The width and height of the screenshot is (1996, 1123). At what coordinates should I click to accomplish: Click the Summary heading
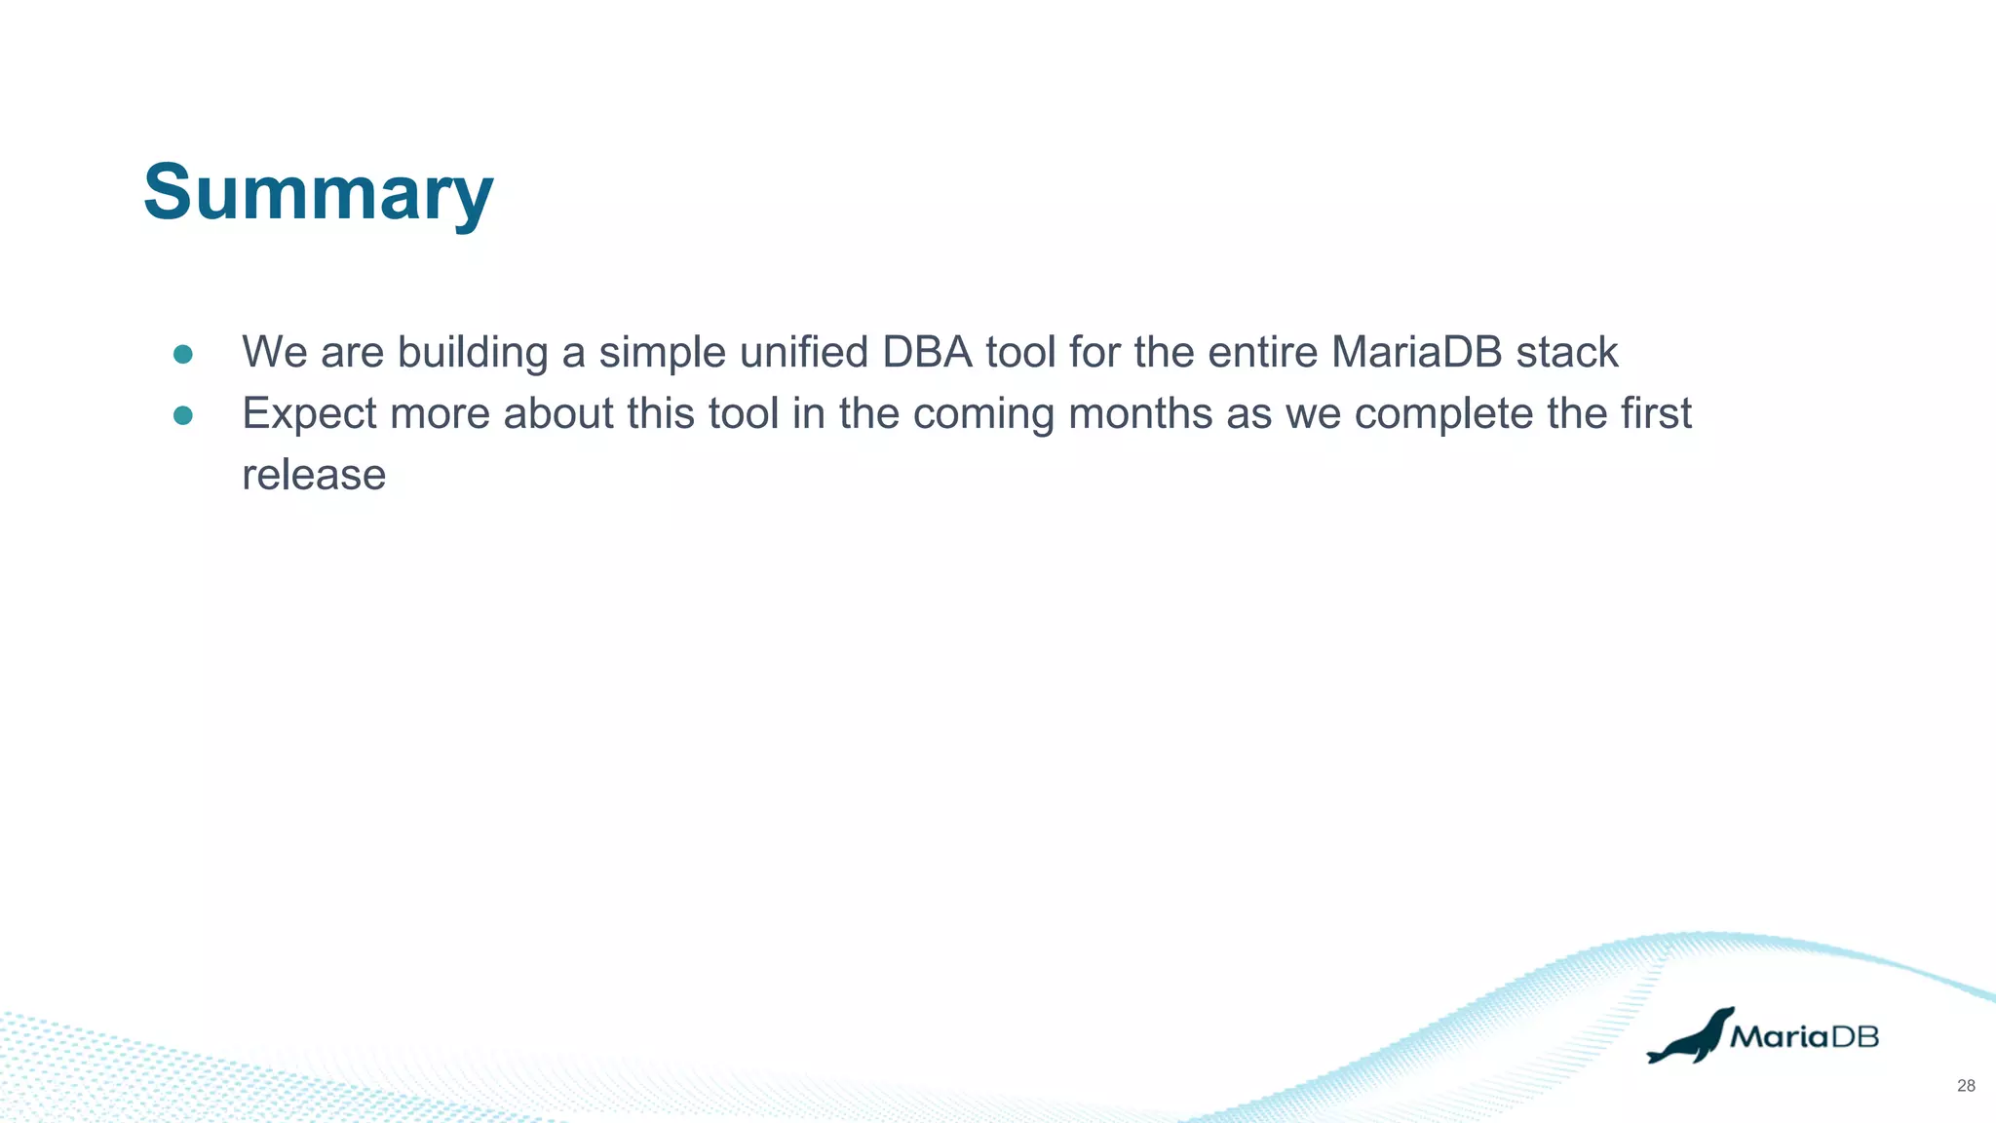(318, 193)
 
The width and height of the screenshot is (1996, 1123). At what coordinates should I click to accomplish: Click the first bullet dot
(182, 354)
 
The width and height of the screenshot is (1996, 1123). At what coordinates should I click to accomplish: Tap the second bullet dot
(182, 415)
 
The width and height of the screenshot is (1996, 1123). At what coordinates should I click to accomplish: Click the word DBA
(927, 352)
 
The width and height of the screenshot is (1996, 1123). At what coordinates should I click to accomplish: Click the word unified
(803, 352)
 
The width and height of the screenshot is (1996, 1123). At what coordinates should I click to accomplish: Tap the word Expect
(309, 414)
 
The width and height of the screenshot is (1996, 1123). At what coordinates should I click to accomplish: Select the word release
(314, 475)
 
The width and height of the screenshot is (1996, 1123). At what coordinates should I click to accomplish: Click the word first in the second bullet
(1656, 413)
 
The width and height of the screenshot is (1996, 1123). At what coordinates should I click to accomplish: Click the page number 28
(1966, 1086)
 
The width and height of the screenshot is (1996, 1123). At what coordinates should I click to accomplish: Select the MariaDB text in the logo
(1804, 1037)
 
